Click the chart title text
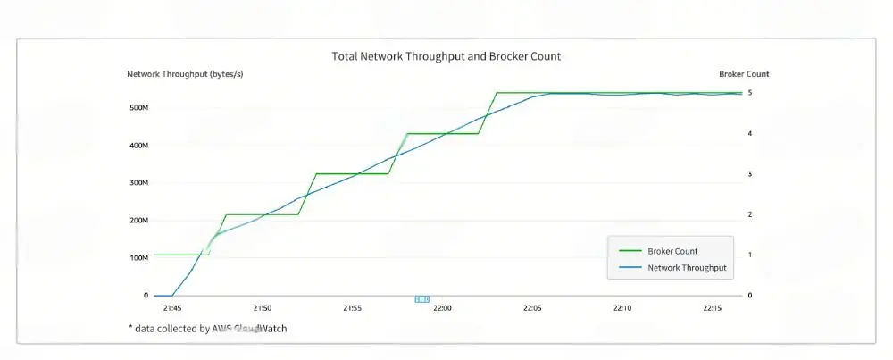446,56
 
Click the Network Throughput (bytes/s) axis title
185,74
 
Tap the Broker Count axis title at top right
744,74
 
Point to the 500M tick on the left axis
138,108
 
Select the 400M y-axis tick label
138,146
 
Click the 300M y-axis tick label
138,183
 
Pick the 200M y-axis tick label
138,221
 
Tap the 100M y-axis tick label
138,258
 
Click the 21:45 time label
171,308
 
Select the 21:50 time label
262,308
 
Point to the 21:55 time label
352,308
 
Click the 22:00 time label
442,308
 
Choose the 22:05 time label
532,308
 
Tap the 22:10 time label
622,308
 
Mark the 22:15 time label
712,308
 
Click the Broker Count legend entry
672,251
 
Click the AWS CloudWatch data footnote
207,329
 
